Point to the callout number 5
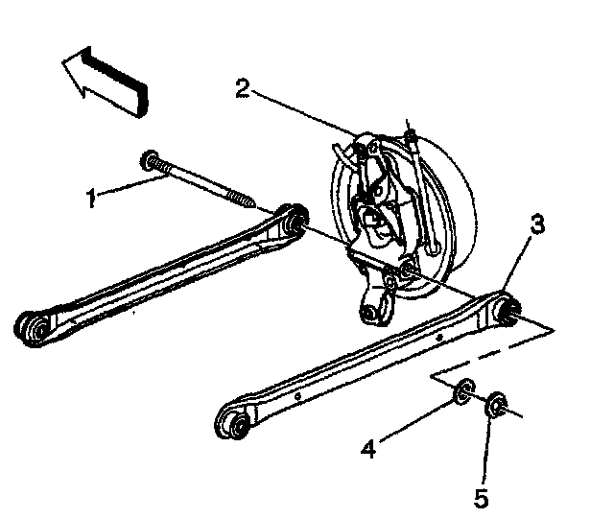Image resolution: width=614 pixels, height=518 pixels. [482, 498]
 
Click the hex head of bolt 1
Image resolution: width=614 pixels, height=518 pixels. [150, 160]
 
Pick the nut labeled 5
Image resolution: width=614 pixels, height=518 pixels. [496, 405]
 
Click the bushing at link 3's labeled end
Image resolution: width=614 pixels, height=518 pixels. [508, 310]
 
